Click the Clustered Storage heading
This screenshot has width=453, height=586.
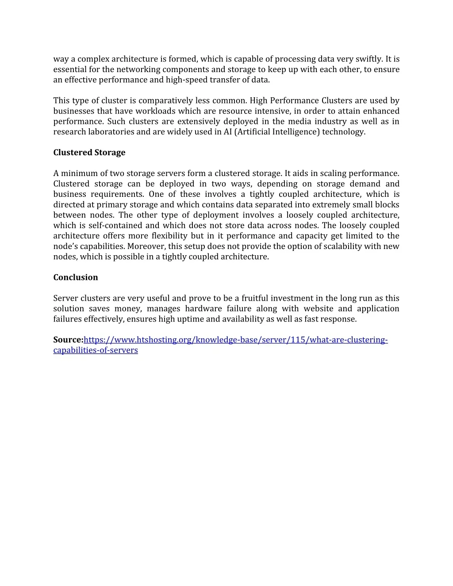[89, 153]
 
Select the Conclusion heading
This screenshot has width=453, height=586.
[76, 277]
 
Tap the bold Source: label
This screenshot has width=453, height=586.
[68, 340]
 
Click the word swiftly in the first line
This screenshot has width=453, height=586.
[369, 59]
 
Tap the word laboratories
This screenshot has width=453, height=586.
[109, 132]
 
